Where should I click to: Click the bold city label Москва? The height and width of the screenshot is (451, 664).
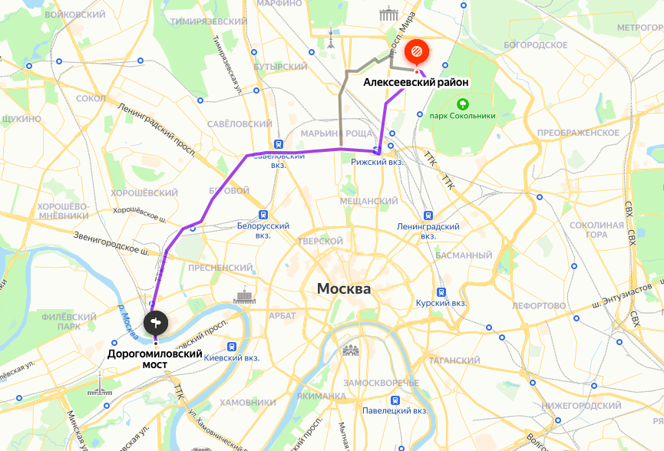[344, 289]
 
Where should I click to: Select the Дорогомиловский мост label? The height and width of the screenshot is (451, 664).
[154, 360]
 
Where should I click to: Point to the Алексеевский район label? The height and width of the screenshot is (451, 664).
[415, 82]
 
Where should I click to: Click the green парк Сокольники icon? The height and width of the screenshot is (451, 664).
[462, 104]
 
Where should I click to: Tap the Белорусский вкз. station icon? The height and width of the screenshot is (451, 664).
[263, 215]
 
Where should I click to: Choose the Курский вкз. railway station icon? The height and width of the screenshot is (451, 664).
[441, 291]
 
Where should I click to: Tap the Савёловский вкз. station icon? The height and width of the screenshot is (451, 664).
[279, 143]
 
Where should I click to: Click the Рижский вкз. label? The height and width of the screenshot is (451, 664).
[377, 163]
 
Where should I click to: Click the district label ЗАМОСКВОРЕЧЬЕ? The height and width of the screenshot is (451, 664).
[381, 382]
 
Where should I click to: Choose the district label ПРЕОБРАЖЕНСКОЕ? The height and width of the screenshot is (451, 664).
[578, 133]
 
